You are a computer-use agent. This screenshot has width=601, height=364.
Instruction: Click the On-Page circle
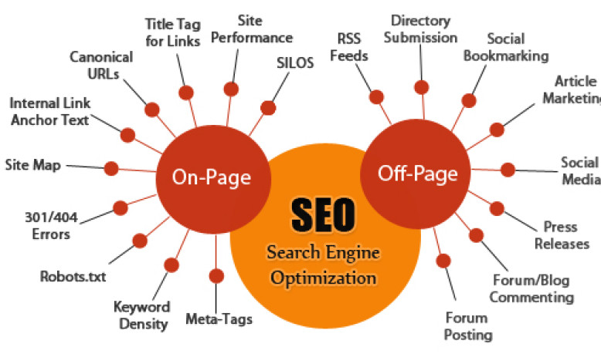(213, 180)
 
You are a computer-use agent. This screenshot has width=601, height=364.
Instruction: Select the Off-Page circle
(416, 174)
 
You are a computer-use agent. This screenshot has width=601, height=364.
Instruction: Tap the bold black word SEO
(323, 214)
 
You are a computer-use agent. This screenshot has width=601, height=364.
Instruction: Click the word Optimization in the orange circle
(324, 278)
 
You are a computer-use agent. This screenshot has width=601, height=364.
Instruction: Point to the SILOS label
(295, 62)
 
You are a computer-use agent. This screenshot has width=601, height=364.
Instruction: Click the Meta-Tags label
(219, 318)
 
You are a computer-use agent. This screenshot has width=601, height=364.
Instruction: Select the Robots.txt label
(73, 276)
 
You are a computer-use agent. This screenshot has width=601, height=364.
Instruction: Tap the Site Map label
(33, 165)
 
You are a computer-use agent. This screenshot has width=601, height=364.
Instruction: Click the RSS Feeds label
(349, 47)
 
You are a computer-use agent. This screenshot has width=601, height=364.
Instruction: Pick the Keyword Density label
(142, 315)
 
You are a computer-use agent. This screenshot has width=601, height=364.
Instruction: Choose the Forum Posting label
(468, 326)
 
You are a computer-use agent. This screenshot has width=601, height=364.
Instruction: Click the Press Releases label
(562, 235)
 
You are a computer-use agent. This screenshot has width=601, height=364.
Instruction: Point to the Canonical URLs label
(101, 65)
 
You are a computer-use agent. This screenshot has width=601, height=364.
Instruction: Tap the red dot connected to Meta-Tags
(216, 276)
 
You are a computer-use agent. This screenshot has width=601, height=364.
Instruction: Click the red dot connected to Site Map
(111, 168)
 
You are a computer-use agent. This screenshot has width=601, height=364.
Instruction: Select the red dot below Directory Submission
(422, 87)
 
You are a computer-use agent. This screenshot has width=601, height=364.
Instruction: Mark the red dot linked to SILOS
(268, 108)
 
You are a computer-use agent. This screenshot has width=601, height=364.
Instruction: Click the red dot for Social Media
(508, 170)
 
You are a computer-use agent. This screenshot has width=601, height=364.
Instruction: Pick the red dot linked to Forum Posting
(443, 261)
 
